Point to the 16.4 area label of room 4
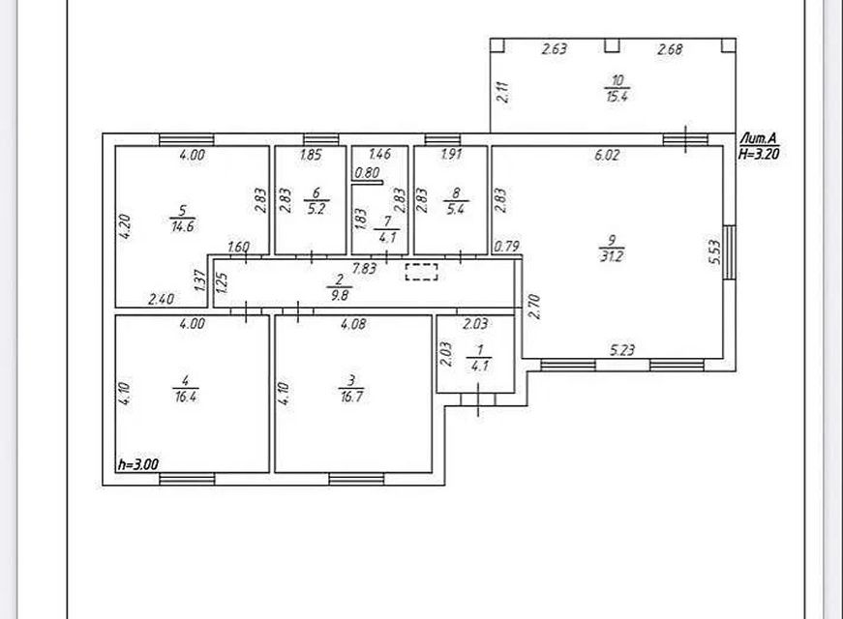pyautogui.click(x=192, y=396)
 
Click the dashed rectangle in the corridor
pyautogui.click(x=421, y=272)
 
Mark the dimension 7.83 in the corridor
pyautogui.click(x=364, y=268)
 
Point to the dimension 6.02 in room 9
pyautogui.click(x=606, y=155)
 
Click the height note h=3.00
pyautogui.click(x=136, y=464)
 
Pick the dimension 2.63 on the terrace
pyautogui.click(x=554, y=49)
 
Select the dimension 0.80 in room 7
pyautogui.click(x=367, y=174)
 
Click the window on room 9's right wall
pyautogui.click(x=730, y=253)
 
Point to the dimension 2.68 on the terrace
pyautogui.click(x=670, y=49)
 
